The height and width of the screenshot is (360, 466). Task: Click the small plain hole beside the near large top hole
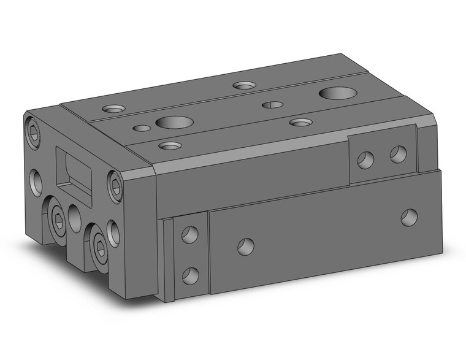[141, 129]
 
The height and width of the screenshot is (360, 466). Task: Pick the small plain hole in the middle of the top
[273, 105]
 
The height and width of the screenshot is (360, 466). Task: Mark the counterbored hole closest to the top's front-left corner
[170, 146]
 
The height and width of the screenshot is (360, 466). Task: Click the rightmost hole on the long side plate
[409, 216]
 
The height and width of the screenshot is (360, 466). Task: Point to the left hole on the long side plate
[245, 247]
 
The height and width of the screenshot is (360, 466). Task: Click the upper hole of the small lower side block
[189, 235]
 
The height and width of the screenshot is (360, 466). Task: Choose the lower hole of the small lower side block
[190, 275]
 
